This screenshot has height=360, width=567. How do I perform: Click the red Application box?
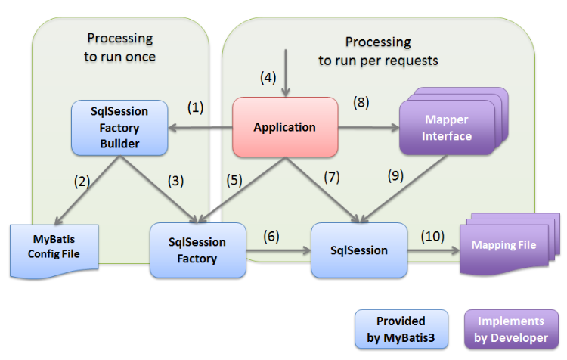pyautogui.click(x=284, y=127)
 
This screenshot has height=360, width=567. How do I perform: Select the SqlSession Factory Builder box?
pyautogui.click(x=119, y=127)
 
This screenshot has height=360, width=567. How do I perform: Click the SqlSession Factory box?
pyautogui.click(x=198, y=250)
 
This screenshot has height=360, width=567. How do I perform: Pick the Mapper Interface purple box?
pyautogui.click(x=448, y=129)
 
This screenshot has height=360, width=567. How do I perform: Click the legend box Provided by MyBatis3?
pyautogui.click(x=400, y=331)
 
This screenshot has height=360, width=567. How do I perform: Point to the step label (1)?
pyautogui.click(x=196, y=107)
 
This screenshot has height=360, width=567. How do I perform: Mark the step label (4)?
pyautogui.click(x=269, y=76)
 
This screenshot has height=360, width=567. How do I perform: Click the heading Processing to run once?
pyautogui.click(x=119, y=46)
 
